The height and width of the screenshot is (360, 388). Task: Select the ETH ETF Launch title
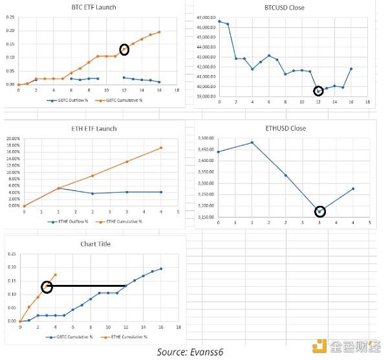coord(94,128)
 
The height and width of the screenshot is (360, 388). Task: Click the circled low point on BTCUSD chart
coord(318,91)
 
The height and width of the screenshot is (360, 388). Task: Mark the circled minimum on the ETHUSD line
coord(319,211)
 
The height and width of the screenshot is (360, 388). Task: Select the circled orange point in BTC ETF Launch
coord(124,49)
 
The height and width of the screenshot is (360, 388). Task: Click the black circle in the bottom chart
coord(47,287)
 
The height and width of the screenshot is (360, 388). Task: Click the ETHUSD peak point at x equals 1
coord(252,142)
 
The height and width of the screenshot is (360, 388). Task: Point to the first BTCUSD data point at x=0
coord(219,21)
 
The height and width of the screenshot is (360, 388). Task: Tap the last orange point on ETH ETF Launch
coord(160,148)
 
